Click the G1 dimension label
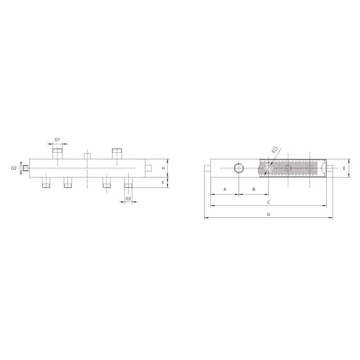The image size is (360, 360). pos(57,139)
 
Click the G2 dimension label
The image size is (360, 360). pos(14,168)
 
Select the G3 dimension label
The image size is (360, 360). pos(128,198)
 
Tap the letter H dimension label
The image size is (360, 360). pos(163,168)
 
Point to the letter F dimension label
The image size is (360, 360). pos(163,183)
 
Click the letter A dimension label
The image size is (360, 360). pos(225,189)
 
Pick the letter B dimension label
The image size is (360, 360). pos(254,189)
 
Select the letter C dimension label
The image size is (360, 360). pos(269,202)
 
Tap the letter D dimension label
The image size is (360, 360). pos(269,215)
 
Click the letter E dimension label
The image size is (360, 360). pos(344,168)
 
